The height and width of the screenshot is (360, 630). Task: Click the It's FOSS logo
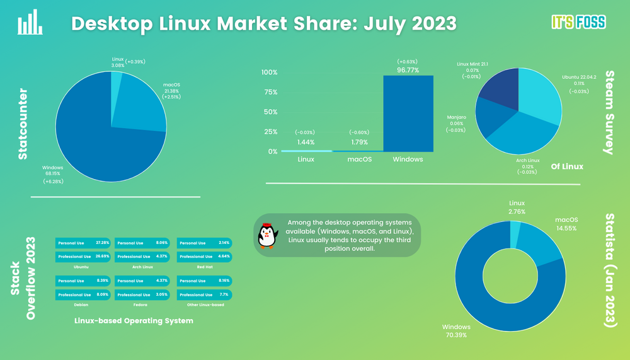pyautogui.click(x=578, y=23)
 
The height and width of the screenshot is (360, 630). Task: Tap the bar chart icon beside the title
pyautogui.click(x=30, y=23)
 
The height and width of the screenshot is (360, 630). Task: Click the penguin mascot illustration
pyautogui.click(x=268, y=235)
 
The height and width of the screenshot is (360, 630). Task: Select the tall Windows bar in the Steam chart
pyautogui.click(x=408, y=113)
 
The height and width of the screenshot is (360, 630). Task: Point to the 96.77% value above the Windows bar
pyautogui.click(x=408, y=70)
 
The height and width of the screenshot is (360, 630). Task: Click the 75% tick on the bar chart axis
pyautogui.click(x=270, y=92)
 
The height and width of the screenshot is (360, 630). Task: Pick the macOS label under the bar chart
pyautogui.click(x=360, y=160)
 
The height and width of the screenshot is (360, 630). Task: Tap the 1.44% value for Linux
pyautogui.click(x=306, y=143)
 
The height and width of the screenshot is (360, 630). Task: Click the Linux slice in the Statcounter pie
pyautogui.click(x=116, y=85)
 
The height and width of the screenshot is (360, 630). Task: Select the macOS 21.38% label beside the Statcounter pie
pyautogui.click(x=172, y=91)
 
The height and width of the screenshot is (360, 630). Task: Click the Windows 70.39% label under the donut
pyautogui.click(x=456, y=331)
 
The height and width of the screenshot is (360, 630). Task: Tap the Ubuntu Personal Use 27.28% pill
pyautogui.click(x=83, y=243)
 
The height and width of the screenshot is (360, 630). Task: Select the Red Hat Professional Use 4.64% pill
pyautogui.click(x=204, y=257)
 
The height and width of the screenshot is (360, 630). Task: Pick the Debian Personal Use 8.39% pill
pyautogui.click(x=83, y=281)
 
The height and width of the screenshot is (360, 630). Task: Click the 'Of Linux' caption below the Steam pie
pyautogui.click(x=567, y=166)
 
